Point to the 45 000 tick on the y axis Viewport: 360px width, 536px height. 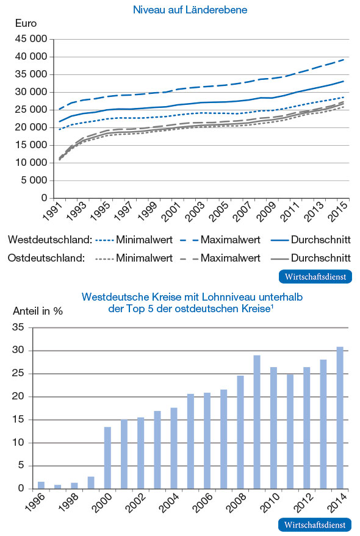(x=31, y=39)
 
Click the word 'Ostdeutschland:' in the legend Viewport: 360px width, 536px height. (x=46, y=258)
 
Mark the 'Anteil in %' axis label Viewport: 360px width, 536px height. (x=38, y=310)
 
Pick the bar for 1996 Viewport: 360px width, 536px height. (x=41, y=485)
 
